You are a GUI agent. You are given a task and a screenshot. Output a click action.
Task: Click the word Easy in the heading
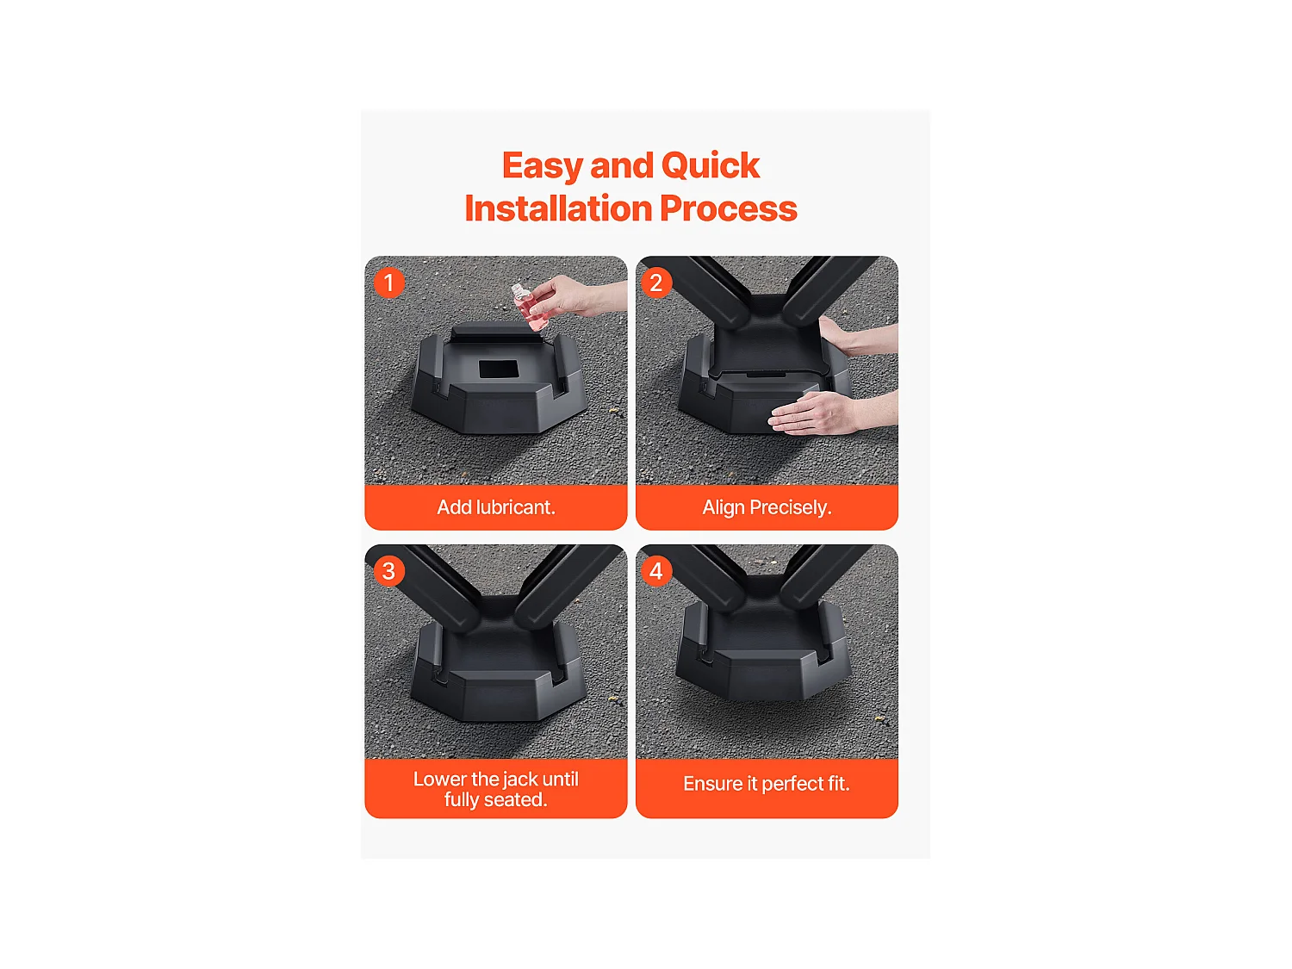(x=542, y=165)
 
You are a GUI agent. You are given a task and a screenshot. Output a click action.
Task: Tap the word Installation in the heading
(x=558, y=208)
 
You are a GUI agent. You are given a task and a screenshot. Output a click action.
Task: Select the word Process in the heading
(x=729, y=208)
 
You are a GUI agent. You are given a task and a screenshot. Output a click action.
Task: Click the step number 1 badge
(x=389, y=283)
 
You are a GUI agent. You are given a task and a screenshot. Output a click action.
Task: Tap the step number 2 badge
(x=656, y=283)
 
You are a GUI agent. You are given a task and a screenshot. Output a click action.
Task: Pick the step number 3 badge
(x=389, y=571)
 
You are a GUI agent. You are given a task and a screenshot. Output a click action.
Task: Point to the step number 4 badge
(x=656, y=571)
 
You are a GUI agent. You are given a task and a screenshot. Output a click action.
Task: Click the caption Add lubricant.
(x=496, y=507)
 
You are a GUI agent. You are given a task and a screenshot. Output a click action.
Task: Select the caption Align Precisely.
(x=767, y=507)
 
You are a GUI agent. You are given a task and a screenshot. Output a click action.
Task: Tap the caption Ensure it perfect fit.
(x=767, y=784)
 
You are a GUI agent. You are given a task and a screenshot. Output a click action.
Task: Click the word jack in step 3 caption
(x=520, y=780)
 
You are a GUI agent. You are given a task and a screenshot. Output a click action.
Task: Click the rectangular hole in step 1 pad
(x=498, y=369)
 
